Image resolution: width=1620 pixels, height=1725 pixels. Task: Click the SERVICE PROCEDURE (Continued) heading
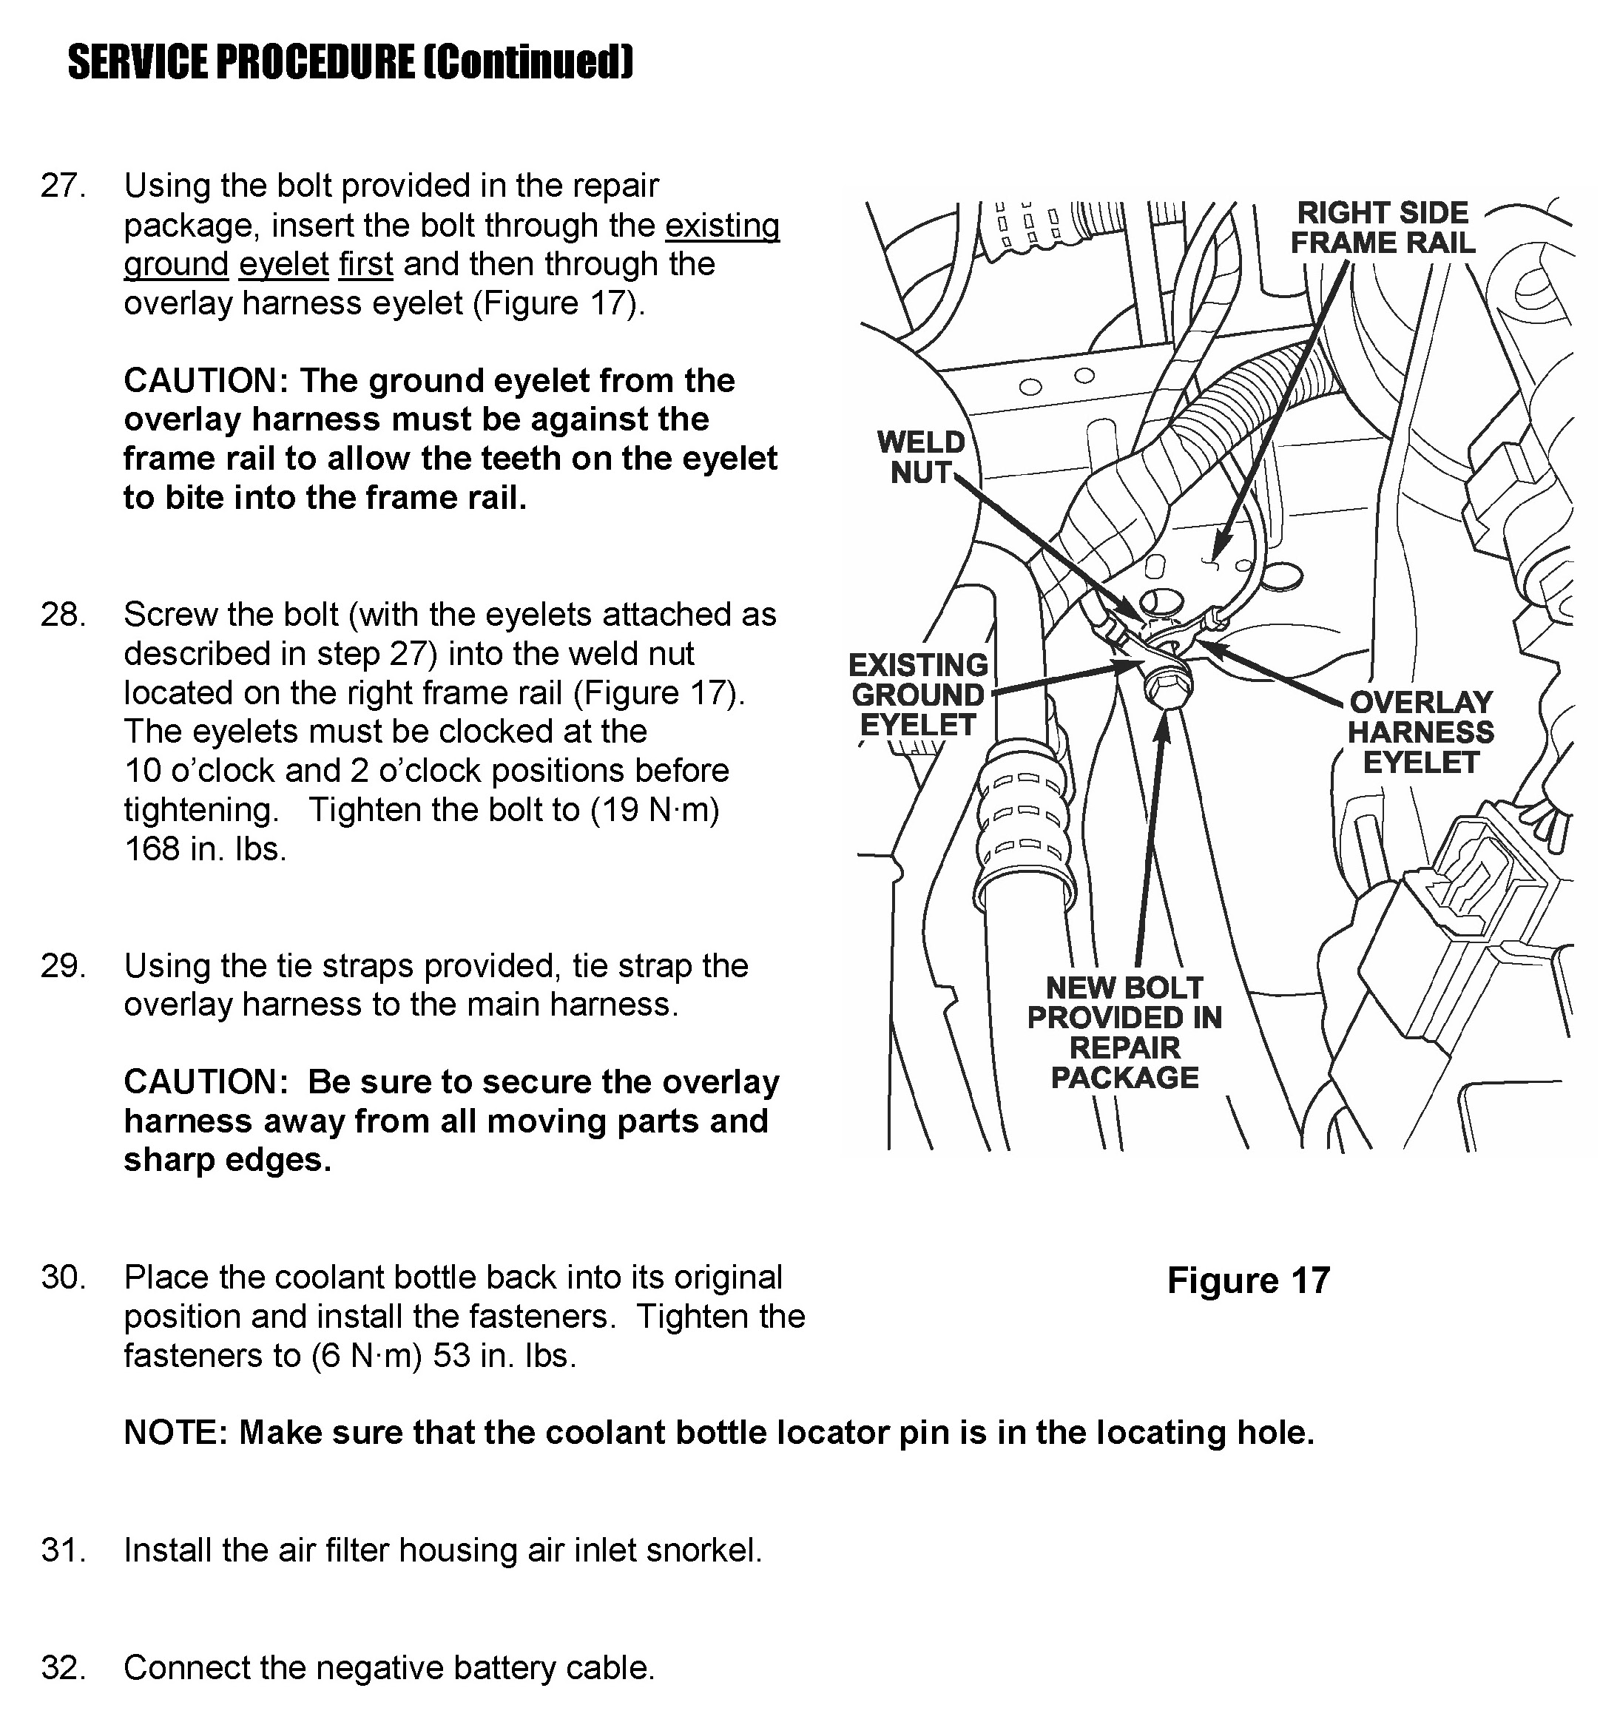[351, 62]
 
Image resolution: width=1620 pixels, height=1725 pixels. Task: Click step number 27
[62, 186]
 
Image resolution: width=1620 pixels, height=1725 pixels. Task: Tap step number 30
[62, 1278]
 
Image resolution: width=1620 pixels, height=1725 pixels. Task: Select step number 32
[62, 1668]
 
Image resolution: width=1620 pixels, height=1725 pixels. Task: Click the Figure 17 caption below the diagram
[1248, 1280]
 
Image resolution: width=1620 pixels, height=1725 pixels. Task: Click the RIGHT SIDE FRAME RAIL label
[1383, 227]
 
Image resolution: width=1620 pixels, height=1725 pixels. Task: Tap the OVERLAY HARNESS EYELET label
[1420, 732]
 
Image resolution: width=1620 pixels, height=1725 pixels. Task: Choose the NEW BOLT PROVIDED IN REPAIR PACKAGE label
[1124, 1033]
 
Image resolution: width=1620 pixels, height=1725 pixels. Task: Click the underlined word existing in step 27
[722, 226]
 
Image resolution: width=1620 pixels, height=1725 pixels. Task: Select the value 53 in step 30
[451, 1355]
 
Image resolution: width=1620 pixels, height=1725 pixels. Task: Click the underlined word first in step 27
[365, 265]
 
